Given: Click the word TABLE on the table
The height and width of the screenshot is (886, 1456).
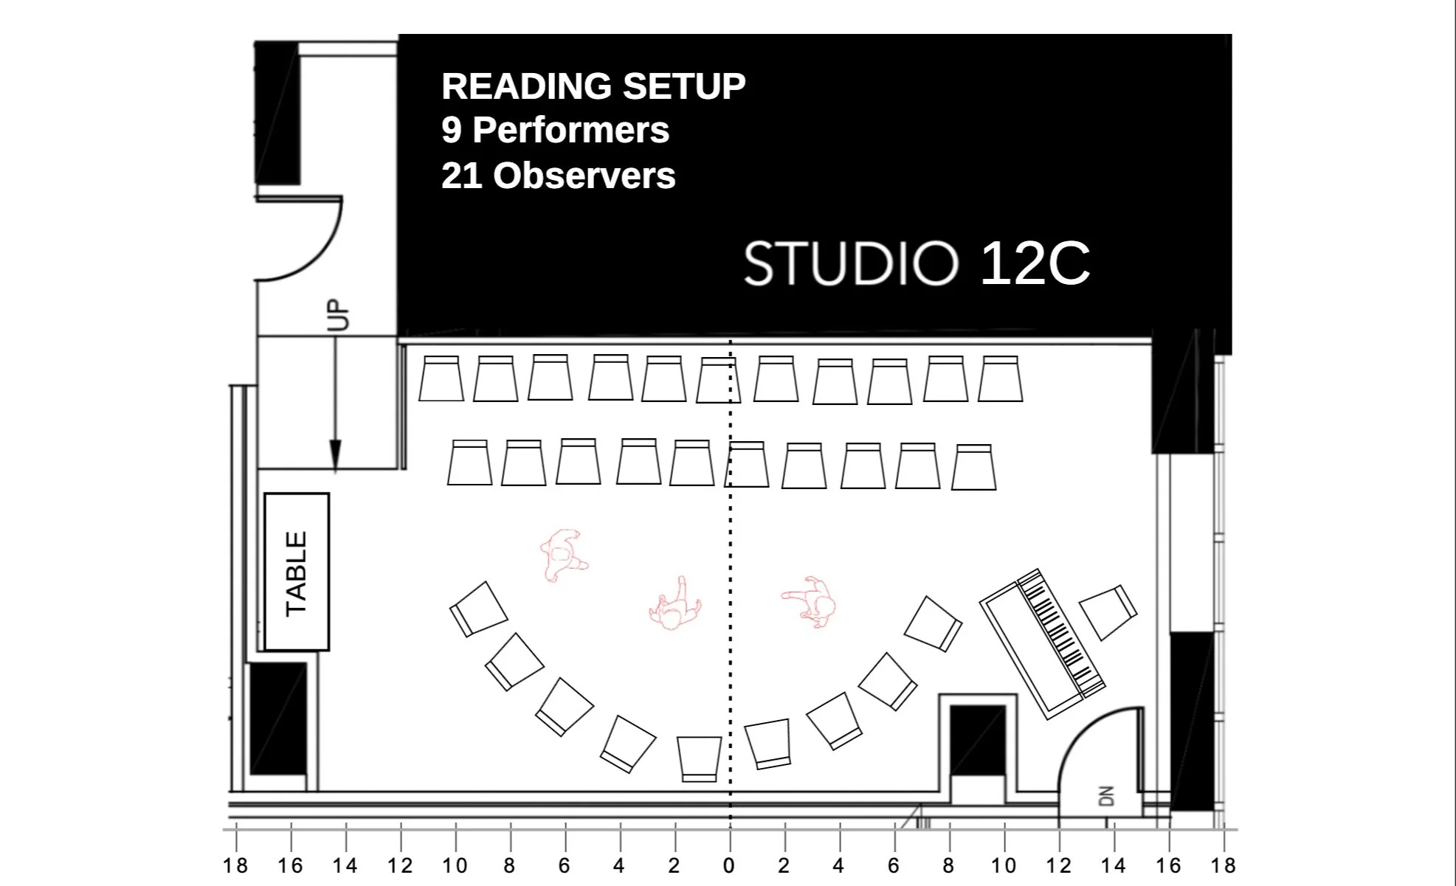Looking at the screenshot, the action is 297,572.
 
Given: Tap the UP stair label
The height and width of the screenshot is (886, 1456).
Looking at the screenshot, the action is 339,314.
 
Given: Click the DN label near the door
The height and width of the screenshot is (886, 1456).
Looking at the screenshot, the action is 1105,796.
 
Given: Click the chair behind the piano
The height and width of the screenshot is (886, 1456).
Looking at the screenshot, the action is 1108,612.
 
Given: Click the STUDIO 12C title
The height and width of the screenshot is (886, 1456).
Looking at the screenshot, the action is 917,263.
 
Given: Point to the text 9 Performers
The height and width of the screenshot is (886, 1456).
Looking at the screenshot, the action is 555,131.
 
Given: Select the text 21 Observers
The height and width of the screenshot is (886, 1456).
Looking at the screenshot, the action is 558,176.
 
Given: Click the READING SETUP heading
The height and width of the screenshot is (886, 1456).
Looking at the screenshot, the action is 593,86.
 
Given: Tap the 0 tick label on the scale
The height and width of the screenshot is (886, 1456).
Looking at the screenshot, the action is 729,866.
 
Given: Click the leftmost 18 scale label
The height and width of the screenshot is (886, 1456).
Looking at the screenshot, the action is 235,866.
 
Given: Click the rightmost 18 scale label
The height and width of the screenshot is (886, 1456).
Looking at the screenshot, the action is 1223,866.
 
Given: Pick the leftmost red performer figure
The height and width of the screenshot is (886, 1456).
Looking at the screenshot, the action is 562,555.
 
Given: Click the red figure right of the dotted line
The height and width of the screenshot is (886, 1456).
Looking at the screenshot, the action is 812,601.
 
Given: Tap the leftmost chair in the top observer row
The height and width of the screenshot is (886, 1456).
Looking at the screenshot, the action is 441,379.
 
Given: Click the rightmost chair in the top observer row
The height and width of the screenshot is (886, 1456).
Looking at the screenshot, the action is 1001,379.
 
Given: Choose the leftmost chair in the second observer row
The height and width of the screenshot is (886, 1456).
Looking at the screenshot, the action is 469,463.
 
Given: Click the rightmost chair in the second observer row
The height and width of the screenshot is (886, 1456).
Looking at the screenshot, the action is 973,468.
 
